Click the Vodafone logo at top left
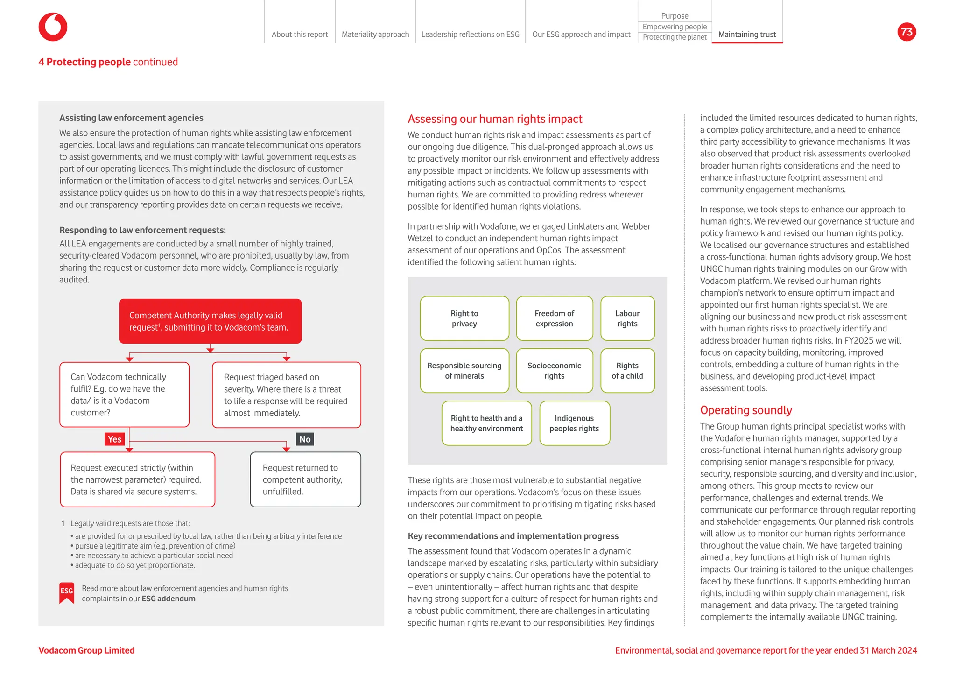(x=53, y=27)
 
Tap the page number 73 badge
(x=906, y=32)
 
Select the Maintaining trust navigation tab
(x=746, y=35)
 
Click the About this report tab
(x=300, y=35)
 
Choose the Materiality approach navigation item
(x=375, y=35)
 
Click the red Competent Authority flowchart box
(x=210, y=321)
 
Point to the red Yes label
(x=114, y=439)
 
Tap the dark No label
(x=305, y=439)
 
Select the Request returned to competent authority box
(x=305, y=479)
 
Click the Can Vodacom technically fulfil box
(x=124, y=394)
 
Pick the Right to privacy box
(x=464, y=318)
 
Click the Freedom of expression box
(x=554, y=318)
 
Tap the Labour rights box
(x=627, y=318)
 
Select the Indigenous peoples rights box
(x=574, y=423)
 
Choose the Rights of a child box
(x=627, y=371)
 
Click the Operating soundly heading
(x=745, y=410)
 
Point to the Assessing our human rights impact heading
(x=495, y=119)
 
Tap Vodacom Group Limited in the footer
(x=86, y=650)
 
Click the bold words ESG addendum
(x=168, y=599)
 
